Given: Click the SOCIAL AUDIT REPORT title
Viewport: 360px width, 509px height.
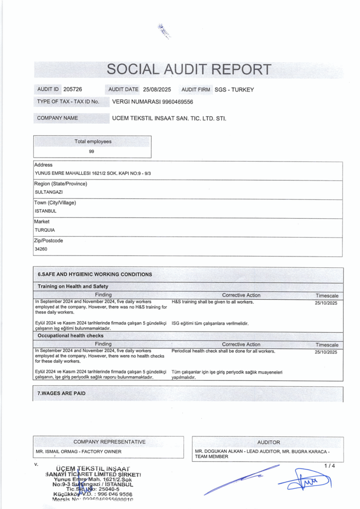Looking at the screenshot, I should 189,70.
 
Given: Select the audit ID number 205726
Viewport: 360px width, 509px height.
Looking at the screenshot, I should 73,89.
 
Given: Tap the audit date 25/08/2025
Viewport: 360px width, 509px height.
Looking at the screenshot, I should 157,89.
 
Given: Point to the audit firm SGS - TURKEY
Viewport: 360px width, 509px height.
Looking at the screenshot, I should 234,89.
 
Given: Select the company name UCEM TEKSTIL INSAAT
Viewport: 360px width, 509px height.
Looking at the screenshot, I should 169,118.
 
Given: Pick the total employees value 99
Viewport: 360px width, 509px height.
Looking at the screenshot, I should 91,151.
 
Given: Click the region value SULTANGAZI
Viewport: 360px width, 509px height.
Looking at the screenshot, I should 49,191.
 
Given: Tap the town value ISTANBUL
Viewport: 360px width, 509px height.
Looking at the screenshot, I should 46,210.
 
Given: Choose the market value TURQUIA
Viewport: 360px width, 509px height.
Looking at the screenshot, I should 45,230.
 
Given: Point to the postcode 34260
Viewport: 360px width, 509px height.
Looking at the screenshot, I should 41,249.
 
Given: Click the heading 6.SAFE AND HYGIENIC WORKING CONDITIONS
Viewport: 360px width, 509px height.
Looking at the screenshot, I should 95,274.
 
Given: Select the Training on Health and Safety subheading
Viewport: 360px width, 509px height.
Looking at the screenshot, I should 73,286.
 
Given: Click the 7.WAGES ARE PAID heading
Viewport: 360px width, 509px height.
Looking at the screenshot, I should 62,393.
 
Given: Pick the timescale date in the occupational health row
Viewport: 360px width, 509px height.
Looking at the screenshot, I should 326,352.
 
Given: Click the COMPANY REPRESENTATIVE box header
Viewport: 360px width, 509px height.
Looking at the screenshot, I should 109,441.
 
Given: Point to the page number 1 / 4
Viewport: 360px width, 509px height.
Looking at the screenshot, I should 330,466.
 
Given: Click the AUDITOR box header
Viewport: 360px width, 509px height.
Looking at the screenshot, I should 269,442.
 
